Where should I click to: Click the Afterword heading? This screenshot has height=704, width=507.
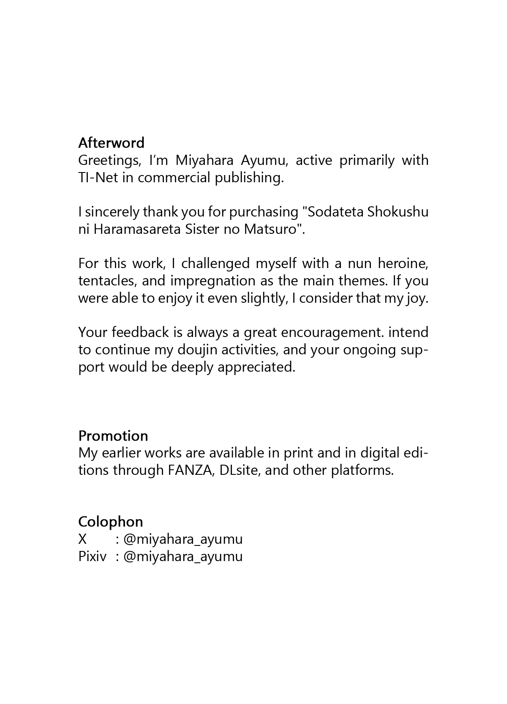coord(111,142)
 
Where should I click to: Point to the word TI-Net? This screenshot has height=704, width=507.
coord(98,178)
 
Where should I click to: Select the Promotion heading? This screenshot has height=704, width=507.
coord(113,436)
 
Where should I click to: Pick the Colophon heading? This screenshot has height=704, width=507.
coord(111,521)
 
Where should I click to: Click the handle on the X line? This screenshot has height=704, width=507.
coord(183,539)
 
